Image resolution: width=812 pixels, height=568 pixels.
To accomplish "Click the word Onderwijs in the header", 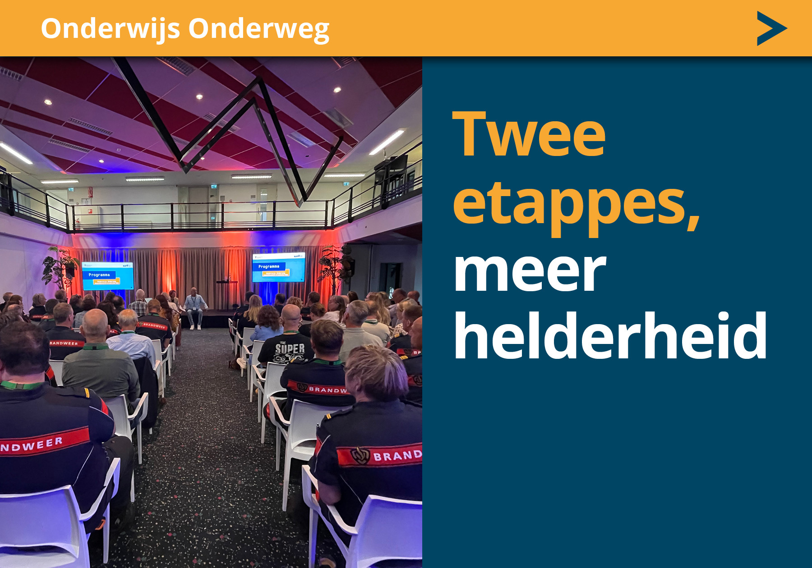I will (111, 29).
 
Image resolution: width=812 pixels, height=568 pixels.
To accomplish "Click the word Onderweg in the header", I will (258, 29).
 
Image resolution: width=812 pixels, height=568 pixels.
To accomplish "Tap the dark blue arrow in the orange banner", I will (771, 28).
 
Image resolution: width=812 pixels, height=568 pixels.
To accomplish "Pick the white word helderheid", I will (610, 336).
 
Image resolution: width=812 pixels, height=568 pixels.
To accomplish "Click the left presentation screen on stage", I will (107, 275).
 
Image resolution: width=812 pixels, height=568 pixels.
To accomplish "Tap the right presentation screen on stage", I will (278, 267).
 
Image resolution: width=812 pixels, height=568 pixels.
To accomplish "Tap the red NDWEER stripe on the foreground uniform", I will (43, 442).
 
